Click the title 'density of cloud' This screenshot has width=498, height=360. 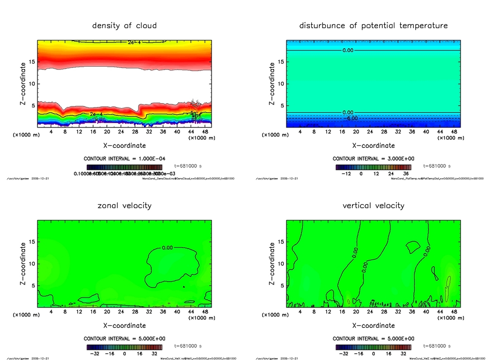[x=124, y=25]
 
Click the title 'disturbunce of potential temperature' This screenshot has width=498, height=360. [x=373, y=25]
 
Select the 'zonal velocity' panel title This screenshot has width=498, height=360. [x=124, y=205]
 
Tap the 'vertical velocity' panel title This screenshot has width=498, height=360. [x=373, y=205]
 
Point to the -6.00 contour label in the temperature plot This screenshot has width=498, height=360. [x=351, y=118]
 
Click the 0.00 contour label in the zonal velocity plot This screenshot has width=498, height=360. [x=167, y=248]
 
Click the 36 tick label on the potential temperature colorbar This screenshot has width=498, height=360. [x=405, y=173]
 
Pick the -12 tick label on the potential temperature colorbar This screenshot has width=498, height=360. [x=347, y=173]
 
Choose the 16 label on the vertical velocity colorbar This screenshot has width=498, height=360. [x=389, y=354]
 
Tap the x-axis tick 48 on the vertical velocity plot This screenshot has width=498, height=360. [x=454, y=312]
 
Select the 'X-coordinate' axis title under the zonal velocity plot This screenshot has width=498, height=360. [x=124, y=325]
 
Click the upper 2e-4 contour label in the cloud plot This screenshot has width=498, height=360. [x=135, y=43]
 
